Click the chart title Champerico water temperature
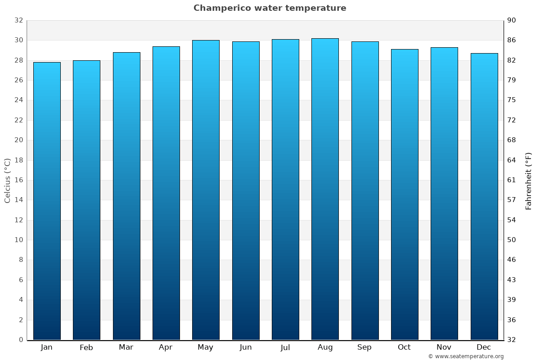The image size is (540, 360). (x=270, y=8)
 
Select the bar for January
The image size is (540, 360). (x=47, y=201)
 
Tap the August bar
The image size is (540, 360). (x=325, y=189)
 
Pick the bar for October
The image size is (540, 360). (x=405, y=194)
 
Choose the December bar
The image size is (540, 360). (x=484, y=196)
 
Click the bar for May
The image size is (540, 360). (x=206, y=190)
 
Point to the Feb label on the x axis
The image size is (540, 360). (x=86, y=347)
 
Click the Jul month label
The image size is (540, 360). (x=285, y=347)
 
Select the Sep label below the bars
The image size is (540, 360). (x=364, y=347)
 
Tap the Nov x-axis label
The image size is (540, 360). (x=444, y=347)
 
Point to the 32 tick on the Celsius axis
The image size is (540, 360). (x=18, y=20)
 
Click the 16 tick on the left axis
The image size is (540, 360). (x=18, y=180)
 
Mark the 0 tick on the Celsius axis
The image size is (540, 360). (x=21, y=340)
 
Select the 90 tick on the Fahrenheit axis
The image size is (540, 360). (x=512, y=20)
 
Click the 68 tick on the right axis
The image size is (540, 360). (x=512, y=140)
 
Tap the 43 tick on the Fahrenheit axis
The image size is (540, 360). (x=512, y=280)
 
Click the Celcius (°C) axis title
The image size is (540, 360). (x=7, y=180)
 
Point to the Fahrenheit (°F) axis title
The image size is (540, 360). (x=528, y=180)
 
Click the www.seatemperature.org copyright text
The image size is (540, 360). (x=466, y=356)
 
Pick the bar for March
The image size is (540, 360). (x=126, y=196)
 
